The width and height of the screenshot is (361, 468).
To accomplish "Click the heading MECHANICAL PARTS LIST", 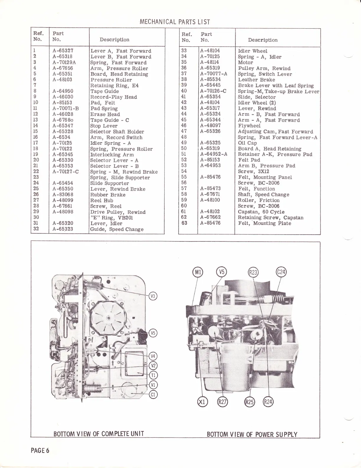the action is (175, 22).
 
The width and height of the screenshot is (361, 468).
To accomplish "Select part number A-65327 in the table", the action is (63, 51).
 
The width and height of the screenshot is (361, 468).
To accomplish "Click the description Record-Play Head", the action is (114, 97).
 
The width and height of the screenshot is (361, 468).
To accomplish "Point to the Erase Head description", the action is (105, 114).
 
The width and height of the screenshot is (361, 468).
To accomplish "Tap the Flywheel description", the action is (249, 126).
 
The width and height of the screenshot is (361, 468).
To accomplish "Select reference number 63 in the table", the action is (184, 223).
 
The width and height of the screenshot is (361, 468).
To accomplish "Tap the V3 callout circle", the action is (153, 296).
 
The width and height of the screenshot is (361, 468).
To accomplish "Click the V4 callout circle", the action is (153, 356).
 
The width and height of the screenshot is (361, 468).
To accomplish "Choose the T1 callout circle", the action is (153, 375).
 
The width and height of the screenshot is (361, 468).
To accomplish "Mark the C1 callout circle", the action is (153, 394).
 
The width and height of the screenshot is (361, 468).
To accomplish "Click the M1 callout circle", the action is (197, 272).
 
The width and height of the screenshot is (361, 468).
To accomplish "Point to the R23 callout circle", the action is (253, 272).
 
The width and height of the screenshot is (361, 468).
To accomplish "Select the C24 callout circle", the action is (281, 272).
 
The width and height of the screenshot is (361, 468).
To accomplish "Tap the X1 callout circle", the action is (203, 402).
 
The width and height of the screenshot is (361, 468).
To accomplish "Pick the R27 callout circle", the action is (221, 402).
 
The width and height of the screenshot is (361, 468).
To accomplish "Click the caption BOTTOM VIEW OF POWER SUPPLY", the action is (252, 434).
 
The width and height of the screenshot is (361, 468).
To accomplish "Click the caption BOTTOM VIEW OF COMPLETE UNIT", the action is (99, 434).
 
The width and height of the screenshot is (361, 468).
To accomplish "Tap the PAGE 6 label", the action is (40, 450).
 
